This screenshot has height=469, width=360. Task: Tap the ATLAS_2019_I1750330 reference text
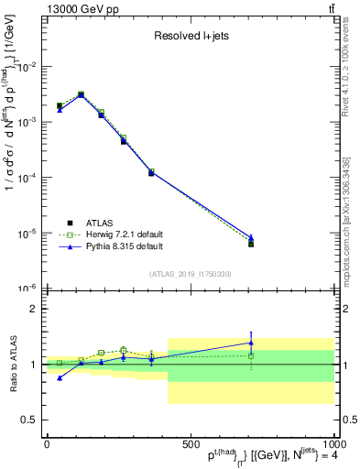[x=190, y=274]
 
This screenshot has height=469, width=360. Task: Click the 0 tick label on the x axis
[x=47, y=443]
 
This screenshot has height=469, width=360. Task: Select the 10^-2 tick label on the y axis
[x=26, y=67]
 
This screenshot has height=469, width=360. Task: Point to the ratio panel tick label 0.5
[x=28, y=420]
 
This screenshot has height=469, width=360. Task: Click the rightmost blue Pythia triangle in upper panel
[x=251, y=237]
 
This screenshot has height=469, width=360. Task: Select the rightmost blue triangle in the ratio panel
[x=251, y=343]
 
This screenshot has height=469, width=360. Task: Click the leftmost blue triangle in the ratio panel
[x=60, y=377]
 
